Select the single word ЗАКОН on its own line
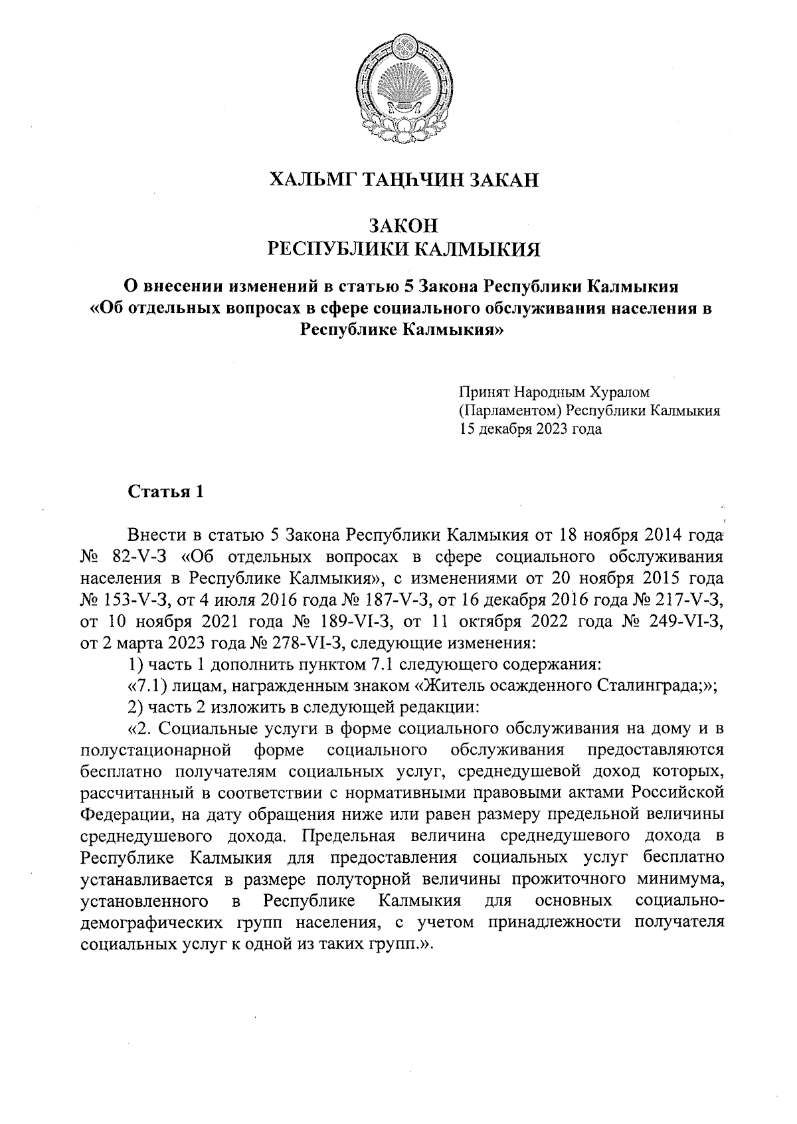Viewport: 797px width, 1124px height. click(398, 226)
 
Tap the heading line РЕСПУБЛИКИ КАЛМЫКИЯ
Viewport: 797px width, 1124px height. click(398, 250)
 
